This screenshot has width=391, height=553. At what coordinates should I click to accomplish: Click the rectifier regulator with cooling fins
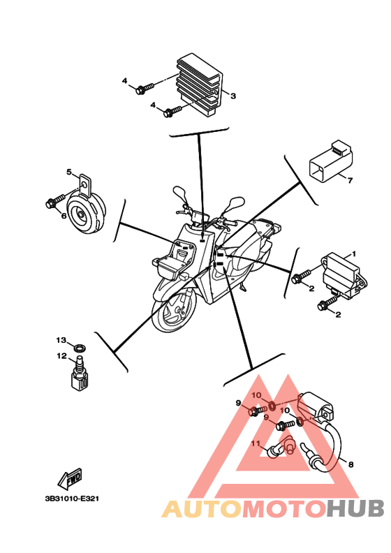[x=200, y=84]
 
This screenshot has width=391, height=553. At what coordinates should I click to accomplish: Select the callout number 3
[x=233, y=96]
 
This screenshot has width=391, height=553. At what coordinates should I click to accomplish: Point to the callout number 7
[x=350, y=180]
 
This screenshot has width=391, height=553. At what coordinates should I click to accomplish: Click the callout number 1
[x=353, y=253]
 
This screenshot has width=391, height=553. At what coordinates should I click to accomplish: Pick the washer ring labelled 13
[x=80, y=348]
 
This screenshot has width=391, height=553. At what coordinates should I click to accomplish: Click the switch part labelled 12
[x=79, y=375]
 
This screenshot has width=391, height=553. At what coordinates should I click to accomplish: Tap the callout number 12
[x=61, y=356]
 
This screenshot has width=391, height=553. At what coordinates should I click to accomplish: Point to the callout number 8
[x=351, y=464]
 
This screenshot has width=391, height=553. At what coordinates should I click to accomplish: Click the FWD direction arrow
[x=71, y=479]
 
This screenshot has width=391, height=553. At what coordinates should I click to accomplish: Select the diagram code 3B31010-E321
[x=72, y=499]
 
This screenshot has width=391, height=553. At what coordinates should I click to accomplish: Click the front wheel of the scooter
[x=174, y=310]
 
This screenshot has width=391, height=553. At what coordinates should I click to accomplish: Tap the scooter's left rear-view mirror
[x=180, y=194]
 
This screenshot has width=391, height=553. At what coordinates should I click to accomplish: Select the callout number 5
[x=69, y=172]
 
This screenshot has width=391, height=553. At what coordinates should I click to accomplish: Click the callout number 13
[x=61, y=340]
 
